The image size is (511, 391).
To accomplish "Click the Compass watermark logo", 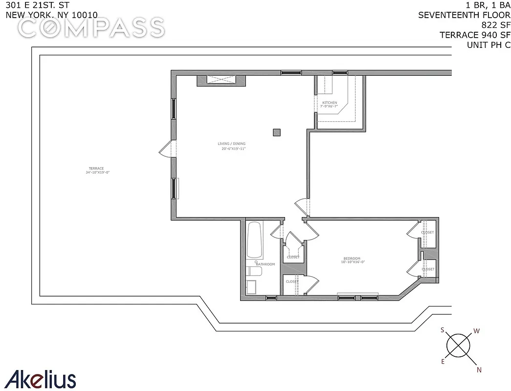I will [x=91, y=28].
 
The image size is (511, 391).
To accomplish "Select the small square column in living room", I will [x=277, y=132].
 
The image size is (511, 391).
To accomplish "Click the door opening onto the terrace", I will [x=166, y=149].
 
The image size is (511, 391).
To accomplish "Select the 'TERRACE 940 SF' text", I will [x=475, y=35].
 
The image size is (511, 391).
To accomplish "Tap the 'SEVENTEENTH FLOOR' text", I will [x=464, y=15].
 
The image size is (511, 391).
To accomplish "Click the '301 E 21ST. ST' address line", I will [x=41, y=5].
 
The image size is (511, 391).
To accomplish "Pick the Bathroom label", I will [x=266, y=264].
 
